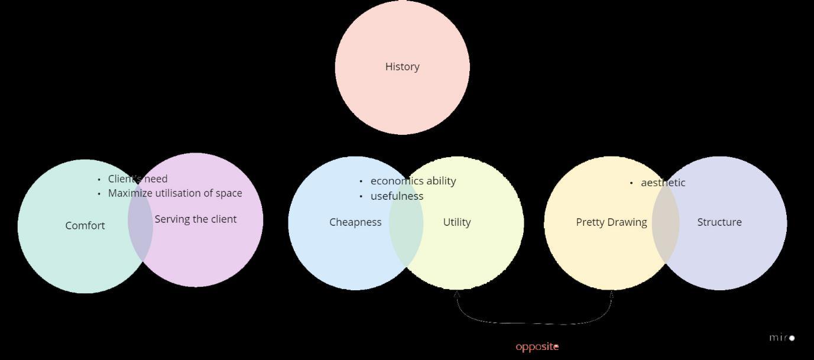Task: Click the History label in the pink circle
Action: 402,67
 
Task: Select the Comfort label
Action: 85,226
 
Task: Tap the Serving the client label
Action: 196,219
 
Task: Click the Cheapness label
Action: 355,222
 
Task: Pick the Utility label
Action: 457,222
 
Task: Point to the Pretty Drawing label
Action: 611,222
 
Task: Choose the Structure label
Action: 719,222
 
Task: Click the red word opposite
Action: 537,347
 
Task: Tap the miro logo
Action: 781,338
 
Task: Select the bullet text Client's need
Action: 138,179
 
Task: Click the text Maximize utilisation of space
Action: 175,193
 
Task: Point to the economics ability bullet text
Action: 413,181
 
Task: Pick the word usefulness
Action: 397,196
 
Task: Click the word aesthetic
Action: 663,183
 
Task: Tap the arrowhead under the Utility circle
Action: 457,294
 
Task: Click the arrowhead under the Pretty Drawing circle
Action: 611,294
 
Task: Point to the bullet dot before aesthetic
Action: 631,183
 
